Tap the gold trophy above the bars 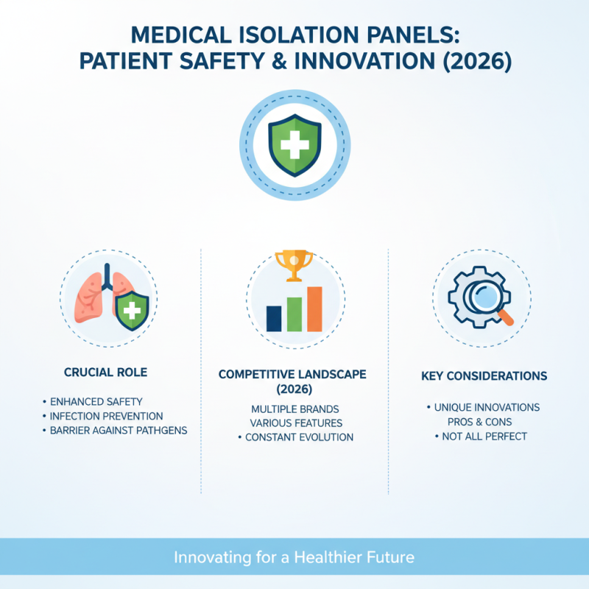click(294, 264)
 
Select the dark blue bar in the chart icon click(274, 317)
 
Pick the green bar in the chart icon click(294, 313)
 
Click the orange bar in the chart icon click(314, 308)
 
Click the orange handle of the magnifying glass click(507, 317)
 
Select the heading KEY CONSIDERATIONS click(484, 376)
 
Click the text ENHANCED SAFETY click(96, 402)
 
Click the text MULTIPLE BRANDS click(294, 408)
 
